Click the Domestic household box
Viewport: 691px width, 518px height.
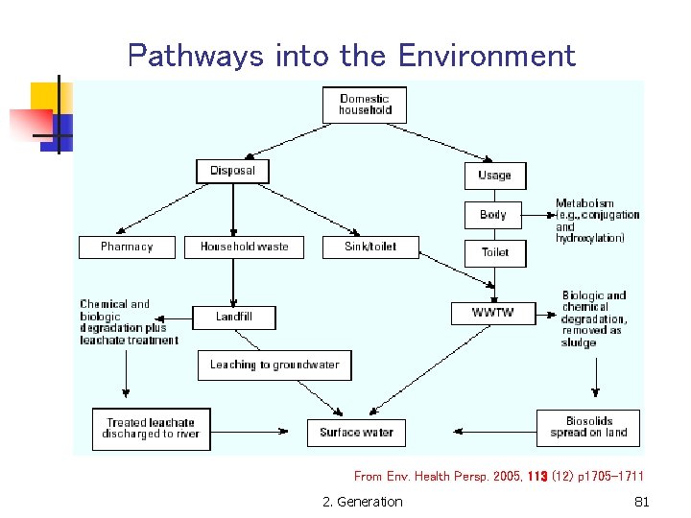(x=365, y=105)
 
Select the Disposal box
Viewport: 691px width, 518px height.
(x=232, y=171)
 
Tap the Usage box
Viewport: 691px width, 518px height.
(x=494, y=175)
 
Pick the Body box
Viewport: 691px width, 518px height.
(x=494, y=214)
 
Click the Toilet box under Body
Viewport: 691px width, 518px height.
(x=494, y=252)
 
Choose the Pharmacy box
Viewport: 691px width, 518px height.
(x=127, y=247)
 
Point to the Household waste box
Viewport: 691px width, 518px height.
(x=244, y=247)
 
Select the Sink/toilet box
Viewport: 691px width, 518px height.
(x=369, y=247)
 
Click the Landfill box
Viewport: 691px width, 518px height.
(x=234, y=317)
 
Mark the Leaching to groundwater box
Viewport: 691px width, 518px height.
(x=274, y=365)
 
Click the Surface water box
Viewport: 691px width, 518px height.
(x=356, y=433)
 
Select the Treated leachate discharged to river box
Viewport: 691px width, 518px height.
(x=151, y=429)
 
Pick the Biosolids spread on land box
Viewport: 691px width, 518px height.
(x=588, y=427)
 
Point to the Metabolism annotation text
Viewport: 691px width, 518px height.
(x=596, y=221)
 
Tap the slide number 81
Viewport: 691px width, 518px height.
(x=642, y=502)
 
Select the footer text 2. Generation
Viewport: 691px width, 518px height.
(x=363, y=502)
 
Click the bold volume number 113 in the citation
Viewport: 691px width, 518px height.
(x=537, y=476)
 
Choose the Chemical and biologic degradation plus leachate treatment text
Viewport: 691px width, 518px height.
(x=128, y=322)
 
